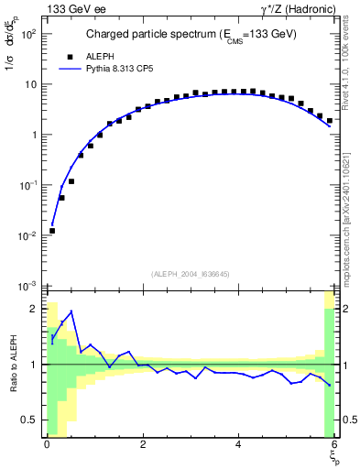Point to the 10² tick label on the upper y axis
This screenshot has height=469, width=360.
tap(28, 34)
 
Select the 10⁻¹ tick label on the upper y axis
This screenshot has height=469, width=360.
tap(28, 185)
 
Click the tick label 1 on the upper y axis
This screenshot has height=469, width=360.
tap(34, 135)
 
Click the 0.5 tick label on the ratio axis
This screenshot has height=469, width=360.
tap(29, 420)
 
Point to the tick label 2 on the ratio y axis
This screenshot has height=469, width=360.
tap(34, 309)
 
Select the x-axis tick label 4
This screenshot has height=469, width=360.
tap(239, 445)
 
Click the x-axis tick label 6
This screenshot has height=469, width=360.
tap(335, 445)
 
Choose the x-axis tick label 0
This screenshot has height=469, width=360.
tap(47, 445)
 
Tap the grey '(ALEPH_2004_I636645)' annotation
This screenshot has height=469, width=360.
tap(191, 274)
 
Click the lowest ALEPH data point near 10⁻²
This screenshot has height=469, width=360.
tap(52, 231)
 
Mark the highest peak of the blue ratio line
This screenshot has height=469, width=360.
tap(71, 311)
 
